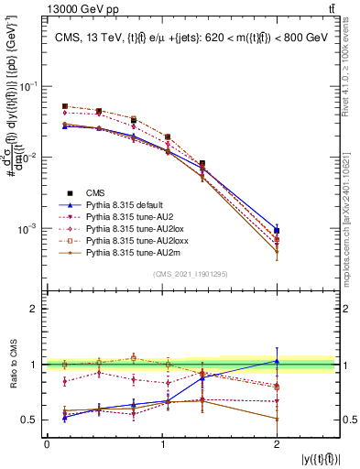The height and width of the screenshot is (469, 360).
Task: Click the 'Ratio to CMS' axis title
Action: coord(11,365)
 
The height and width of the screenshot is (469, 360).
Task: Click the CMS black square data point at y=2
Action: coord(277,231)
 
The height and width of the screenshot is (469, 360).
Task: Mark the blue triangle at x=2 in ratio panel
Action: coord(277,361)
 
